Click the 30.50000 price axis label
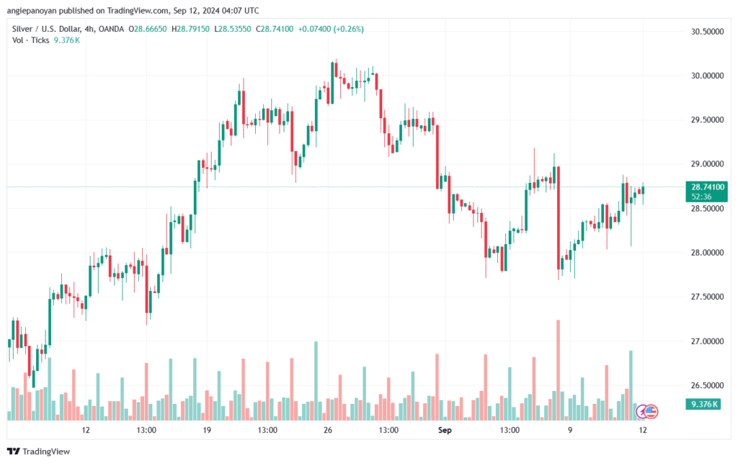707,32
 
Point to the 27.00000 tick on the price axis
707,341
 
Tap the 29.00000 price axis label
707,164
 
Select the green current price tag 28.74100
707,187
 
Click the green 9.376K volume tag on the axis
703,404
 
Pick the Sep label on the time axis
445,430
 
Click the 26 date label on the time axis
328,430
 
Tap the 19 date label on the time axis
207,430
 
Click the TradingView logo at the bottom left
39,451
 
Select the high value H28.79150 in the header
190,29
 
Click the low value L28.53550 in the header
233,29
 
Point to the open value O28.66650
147,29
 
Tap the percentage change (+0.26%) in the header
348,29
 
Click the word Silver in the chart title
22,29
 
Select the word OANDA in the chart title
112,29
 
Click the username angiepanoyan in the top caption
32,10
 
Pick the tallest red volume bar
559,370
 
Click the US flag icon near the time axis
651,412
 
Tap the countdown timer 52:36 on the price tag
701,197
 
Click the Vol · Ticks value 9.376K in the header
67,40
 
